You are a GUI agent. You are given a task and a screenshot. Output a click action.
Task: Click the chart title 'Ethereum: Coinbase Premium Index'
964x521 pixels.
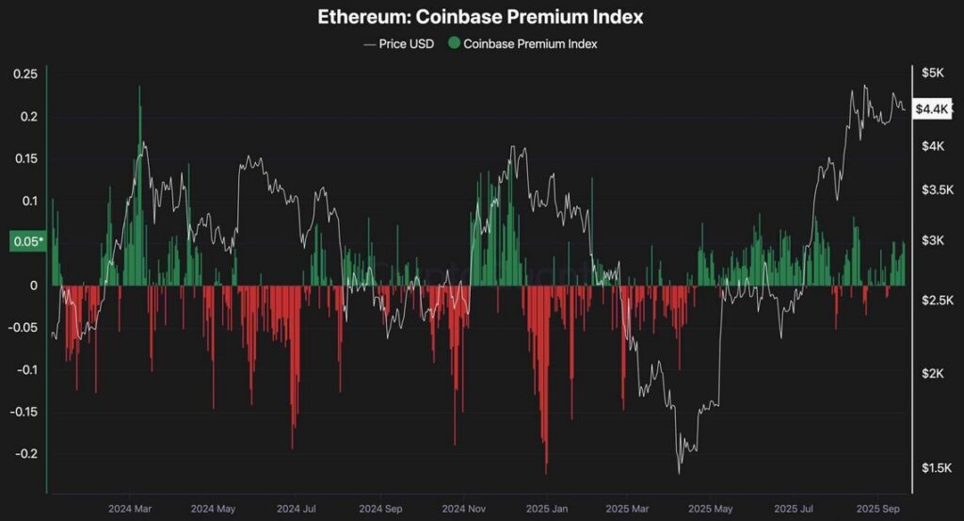481,17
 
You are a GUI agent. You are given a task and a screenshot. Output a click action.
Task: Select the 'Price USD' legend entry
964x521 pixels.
399,43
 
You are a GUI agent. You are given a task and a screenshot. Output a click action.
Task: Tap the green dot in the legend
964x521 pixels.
455,43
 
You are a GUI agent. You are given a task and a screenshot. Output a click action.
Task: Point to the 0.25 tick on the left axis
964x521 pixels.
25,74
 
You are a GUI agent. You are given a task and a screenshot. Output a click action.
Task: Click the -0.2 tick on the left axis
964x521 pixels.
26,453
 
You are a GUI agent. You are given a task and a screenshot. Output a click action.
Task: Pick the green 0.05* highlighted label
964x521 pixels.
26,242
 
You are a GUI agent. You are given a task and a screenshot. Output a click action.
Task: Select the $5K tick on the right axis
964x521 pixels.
932,73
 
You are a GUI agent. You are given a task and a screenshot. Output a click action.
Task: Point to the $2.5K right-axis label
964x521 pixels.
935,301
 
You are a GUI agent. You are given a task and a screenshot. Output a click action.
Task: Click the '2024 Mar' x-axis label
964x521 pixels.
129,508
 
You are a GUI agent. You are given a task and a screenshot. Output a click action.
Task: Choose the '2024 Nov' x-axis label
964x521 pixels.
463,508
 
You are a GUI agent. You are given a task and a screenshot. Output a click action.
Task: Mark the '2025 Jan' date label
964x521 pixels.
546,508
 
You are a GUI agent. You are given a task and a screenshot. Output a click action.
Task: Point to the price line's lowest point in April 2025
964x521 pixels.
679,472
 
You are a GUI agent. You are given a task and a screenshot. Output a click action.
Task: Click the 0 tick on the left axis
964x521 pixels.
33,285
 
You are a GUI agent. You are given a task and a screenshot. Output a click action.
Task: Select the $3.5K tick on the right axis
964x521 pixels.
935,189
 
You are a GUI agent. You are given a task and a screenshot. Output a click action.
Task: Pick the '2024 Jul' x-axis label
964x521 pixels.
295,508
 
